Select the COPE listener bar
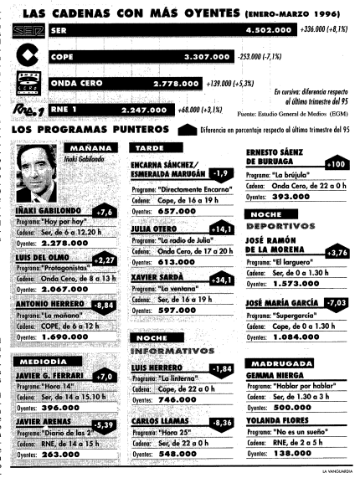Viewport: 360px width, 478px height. point(135,58)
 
